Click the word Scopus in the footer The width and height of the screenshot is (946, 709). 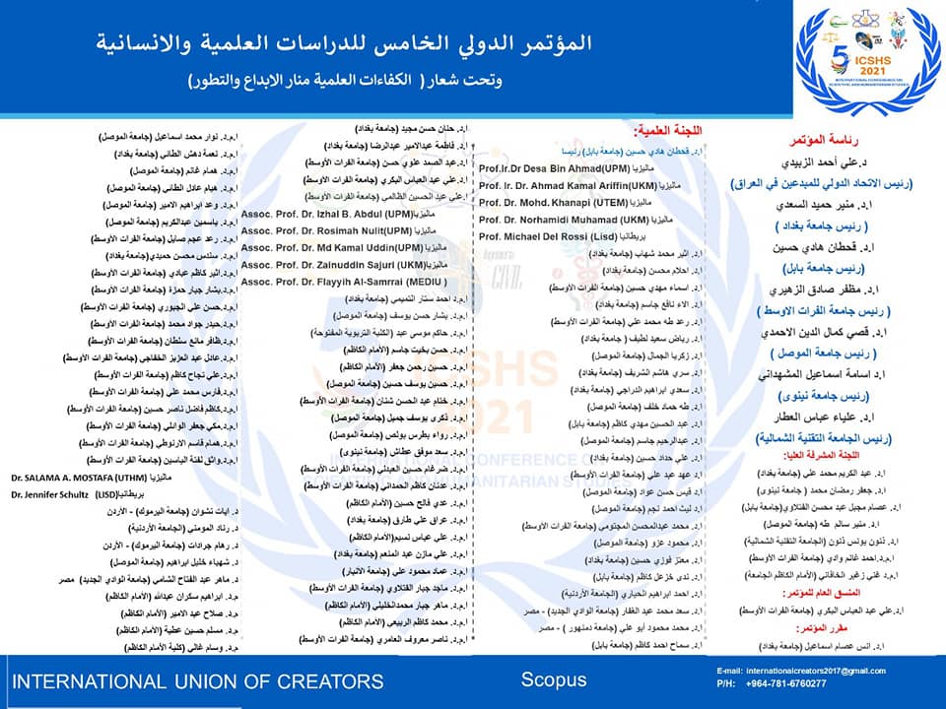[x=553, y=679]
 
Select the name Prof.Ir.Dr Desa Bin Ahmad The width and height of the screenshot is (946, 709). [x=547, y=168]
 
